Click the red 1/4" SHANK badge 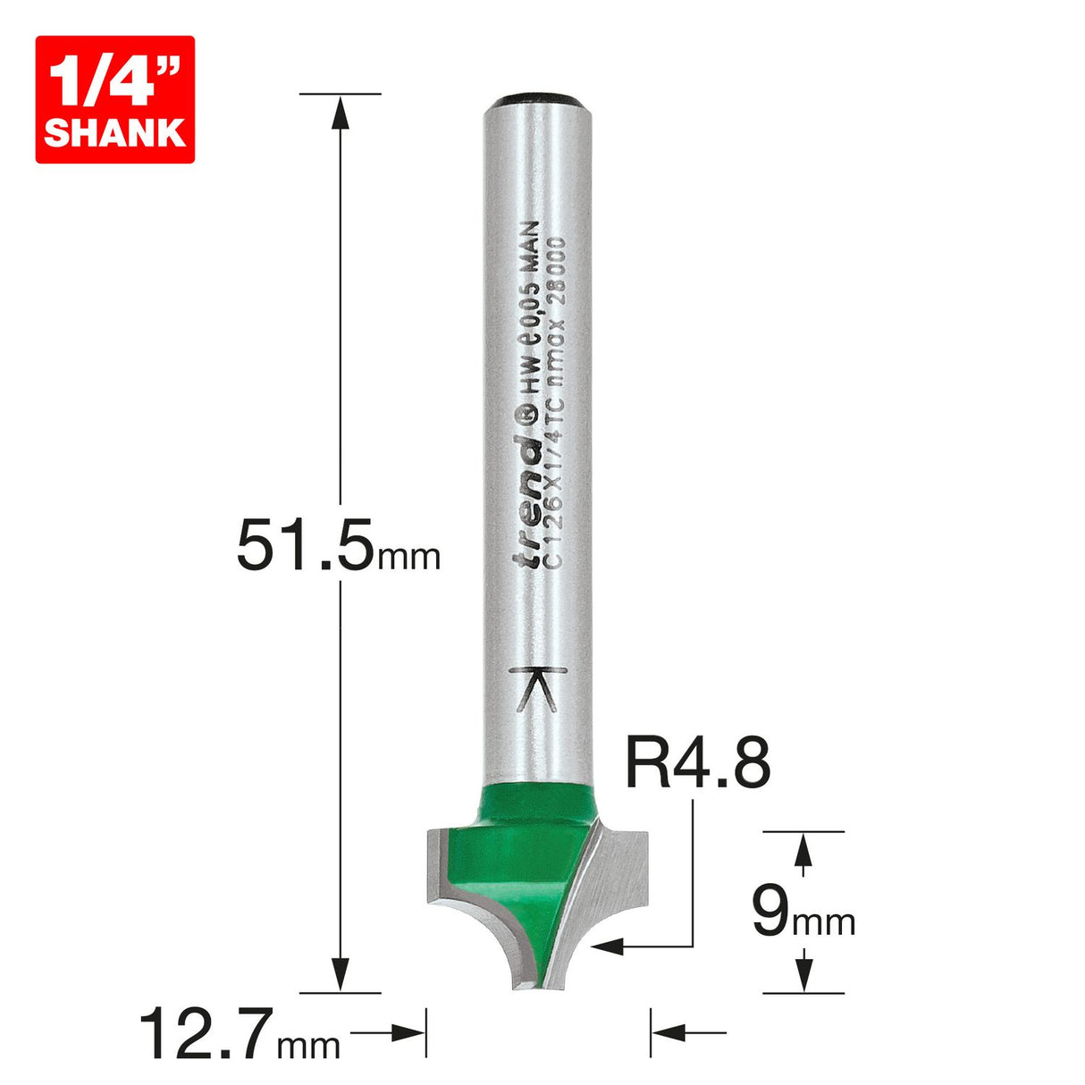114,99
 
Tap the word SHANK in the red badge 114,132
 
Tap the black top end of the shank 536,97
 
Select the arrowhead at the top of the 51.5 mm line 339,112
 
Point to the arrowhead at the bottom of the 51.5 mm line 339,974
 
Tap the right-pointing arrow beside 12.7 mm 407,1034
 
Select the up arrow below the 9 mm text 804,971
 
